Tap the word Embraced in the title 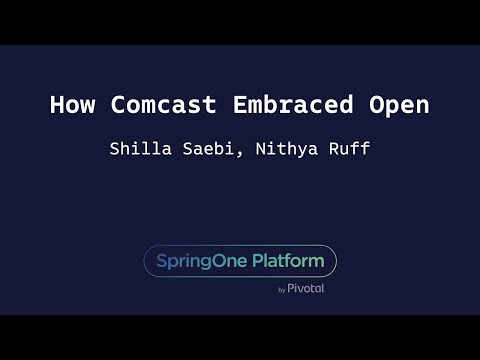[283, 105]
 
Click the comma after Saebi [245, 153]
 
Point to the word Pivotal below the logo [307, 289]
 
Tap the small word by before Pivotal [282, 290]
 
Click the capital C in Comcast [117, 105]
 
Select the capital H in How [56, 105]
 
